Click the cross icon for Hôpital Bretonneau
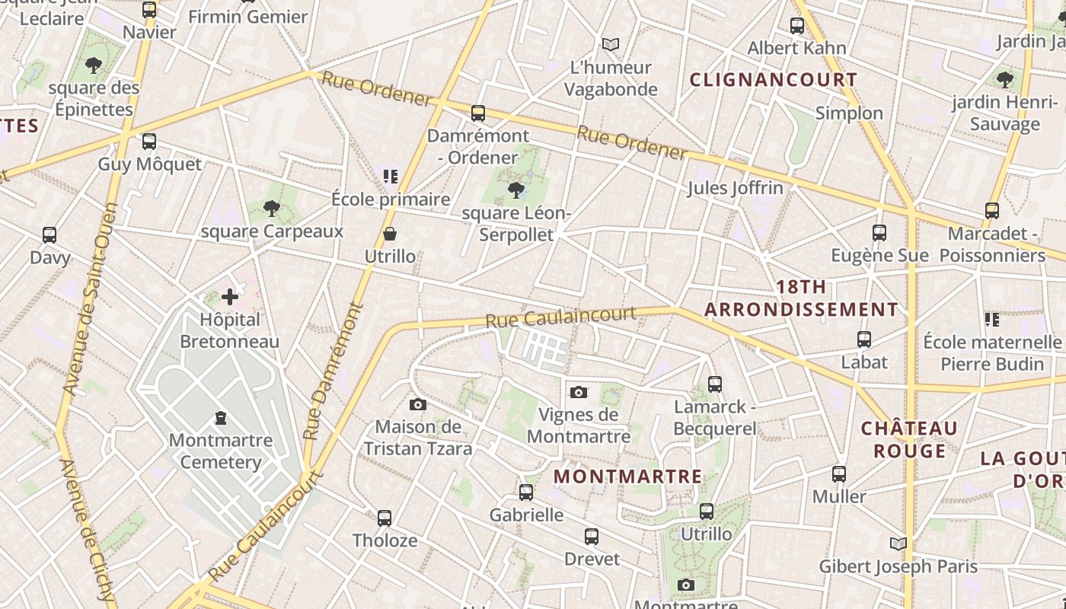coord(230,296)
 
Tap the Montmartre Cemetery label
coord(221,451)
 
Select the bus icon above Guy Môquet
coord(149,141)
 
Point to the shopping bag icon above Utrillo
coord(390,233)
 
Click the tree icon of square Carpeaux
coord(272,208)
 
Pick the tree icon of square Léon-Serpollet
coord(515,190)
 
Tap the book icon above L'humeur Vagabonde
coord(611,44)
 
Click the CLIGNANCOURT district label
coord(774,80)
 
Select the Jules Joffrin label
coord(735,187)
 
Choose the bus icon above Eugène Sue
coord(879,232)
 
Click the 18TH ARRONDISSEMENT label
coord(801,298)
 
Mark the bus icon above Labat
coord(864,339)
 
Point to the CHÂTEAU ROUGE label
coord(909,439)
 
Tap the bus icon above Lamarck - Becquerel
coord(715,384)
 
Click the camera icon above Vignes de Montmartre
coord(579,392)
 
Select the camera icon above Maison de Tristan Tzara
coord(417,404)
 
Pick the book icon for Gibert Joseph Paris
coord(898,544)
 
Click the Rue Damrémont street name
coord(334,371)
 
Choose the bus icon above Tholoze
coord(385,518)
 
